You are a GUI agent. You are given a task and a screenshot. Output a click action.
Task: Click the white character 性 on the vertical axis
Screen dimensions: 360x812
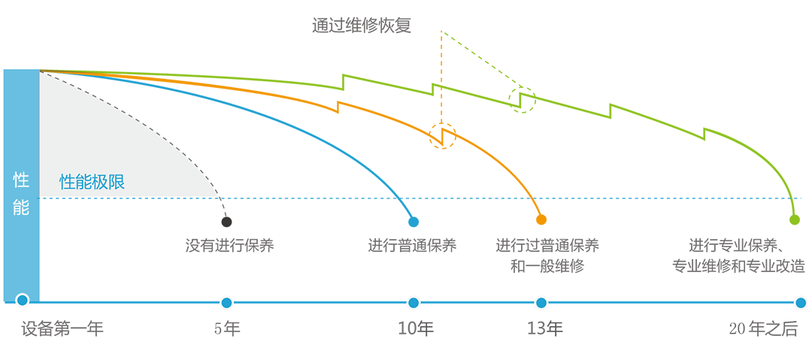point(21,180)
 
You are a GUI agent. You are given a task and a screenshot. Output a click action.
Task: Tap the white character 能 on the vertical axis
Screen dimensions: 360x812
point(21,208)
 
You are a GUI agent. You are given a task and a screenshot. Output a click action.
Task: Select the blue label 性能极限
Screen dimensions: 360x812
point(91,182)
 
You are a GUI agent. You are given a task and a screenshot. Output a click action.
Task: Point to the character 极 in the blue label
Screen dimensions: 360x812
point(99,182)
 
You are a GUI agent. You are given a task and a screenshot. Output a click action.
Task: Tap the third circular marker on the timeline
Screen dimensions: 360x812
point(413,303)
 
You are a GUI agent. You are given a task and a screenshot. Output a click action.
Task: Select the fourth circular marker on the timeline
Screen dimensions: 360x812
point(540,303)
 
